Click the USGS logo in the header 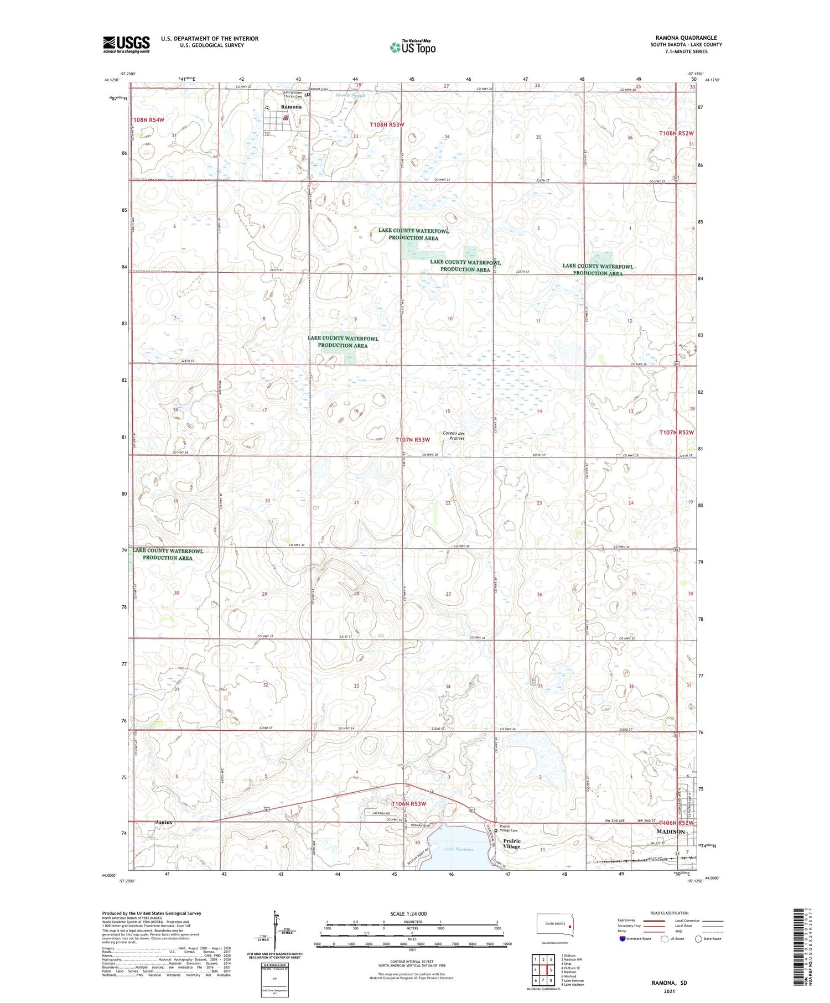click(126, 44)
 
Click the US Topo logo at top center click(413, 48)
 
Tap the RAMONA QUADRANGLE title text click(686, 38)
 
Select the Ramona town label click(291, 107)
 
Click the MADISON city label click(670, 831)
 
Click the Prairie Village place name click(511, 844)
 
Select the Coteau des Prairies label click(453, 435)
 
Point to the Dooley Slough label click(350, 95)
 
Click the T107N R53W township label click(412, 440)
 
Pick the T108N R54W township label click(147, 119)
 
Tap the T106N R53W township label click(409, 803)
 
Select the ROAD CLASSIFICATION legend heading click(669, 913)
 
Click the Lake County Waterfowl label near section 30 click(168, 554)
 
